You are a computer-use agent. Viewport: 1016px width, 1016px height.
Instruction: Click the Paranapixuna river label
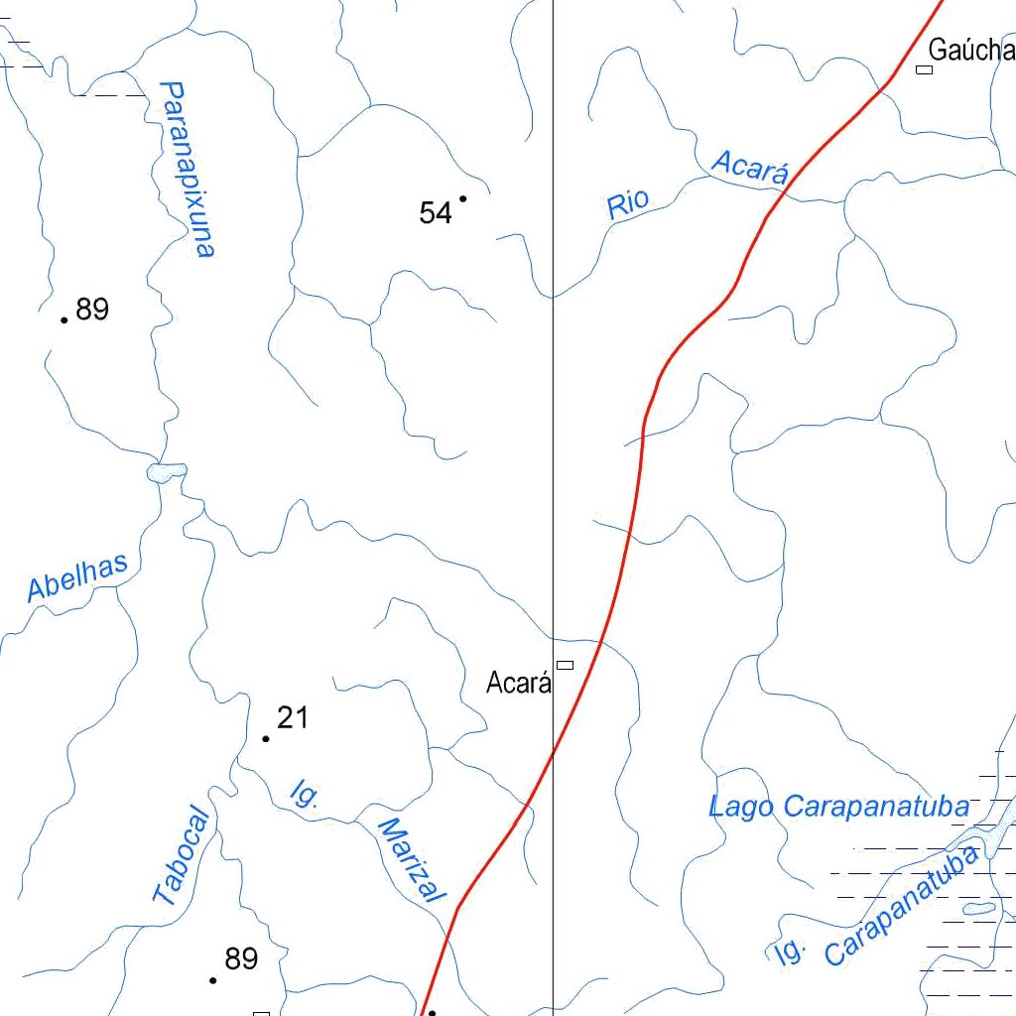pos(187,170)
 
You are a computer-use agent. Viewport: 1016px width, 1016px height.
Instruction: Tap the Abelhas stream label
pos(77,578)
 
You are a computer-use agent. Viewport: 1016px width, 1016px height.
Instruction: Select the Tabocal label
pos(183,856)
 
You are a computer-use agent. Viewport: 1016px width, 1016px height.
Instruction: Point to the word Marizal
pos(410,859)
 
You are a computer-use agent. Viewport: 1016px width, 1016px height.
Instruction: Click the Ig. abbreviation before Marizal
pos(304,794)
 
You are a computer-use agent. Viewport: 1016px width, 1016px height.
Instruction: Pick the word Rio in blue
pos(628,204)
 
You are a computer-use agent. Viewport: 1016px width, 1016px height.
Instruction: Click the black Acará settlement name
pos(518,684)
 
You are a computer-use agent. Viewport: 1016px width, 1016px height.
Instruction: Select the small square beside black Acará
pos(565,664)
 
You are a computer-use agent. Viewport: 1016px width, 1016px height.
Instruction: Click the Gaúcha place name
pos(971,50)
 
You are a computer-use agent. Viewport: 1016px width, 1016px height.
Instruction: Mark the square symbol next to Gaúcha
pos(925,69)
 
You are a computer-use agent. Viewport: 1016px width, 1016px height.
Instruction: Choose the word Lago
pos(740,807)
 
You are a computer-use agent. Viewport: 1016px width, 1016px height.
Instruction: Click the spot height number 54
pos(436,212)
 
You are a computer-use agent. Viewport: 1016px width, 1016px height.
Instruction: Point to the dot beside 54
pos(462,198)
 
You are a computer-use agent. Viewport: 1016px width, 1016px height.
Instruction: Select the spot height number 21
pos(293,717)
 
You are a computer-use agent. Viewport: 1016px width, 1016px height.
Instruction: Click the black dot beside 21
pos(266,738)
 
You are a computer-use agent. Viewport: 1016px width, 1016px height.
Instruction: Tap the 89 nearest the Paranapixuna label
pos(92,310)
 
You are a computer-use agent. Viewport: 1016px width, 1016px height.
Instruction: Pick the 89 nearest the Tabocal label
pos(241,959)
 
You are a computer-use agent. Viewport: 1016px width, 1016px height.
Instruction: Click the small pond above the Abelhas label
pos(167,472)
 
